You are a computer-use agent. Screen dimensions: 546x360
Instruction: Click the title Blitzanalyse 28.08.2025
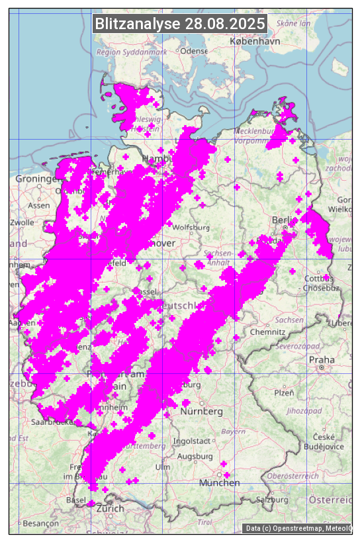180,24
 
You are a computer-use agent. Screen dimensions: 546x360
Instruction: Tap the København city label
255,41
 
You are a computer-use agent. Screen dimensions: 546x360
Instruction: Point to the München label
219,482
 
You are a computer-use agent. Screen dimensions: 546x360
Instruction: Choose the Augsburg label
195,457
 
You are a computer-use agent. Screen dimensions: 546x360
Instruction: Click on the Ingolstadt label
191,441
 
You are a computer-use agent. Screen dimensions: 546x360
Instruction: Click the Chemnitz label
271,332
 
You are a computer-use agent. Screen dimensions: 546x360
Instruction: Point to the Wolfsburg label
191,228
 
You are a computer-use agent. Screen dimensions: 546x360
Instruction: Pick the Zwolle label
22,222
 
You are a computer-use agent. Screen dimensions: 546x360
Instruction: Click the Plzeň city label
284,392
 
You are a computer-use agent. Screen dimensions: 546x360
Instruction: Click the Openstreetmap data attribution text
298,528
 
